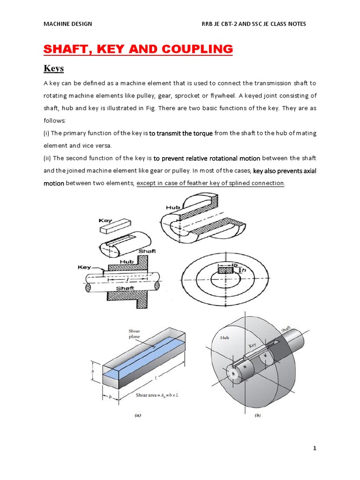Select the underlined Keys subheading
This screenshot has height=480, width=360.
(53, 69)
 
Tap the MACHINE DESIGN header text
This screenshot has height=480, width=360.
(67, 24)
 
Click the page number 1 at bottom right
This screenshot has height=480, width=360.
(315, 448)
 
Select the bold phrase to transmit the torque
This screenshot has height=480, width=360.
(181, 133)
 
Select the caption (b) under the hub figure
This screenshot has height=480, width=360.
(257, 415)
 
